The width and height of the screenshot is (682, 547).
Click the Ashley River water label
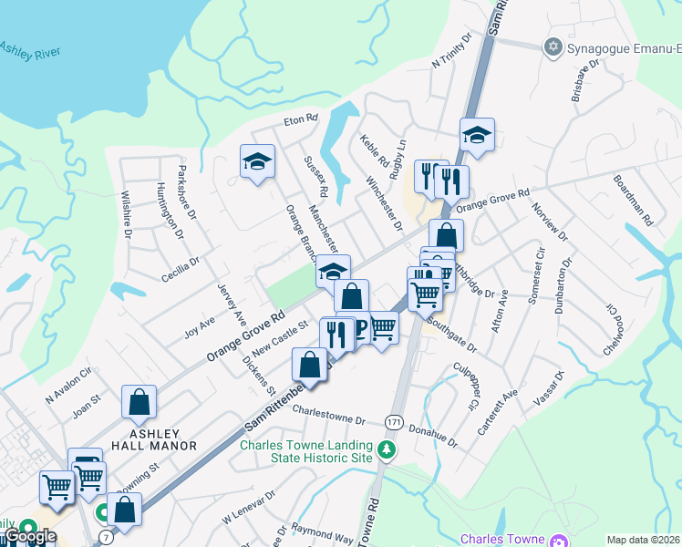pyautogui.click(x=29, y=50)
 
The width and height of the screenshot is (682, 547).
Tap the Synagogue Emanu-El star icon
pyautogui.click(x=552, y=46)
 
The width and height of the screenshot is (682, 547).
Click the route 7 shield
pyautogui.click(x=108, y=538)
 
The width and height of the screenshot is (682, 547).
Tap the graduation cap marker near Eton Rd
pyautogui.click(x=257, y=162)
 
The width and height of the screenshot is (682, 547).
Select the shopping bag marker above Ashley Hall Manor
pyautogui.click(x=139, y=401)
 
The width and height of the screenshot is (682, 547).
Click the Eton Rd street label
pyautogui.click(x=299, y=119)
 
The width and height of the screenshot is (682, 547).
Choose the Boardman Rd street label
pyautogui.click(x=633, y=201)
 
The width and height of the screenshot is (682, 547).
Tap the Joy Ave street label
pyautogui.click(x=200, y=327)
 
